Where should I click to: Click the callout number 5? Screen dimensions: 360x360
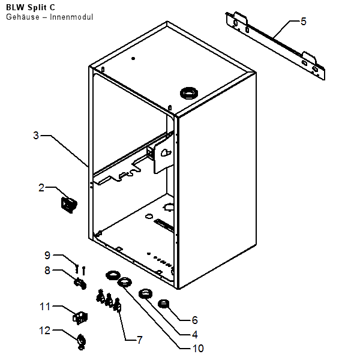coord(303,22)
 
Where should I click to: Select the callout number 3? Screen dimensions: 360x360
coord(36,136)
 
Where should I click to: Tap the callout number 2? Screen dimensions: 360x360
coord(41,188)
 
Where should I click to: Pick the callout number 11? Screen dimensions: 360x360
coord(45,307)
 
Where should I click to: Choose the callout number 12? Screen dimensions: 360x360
coord(45,329)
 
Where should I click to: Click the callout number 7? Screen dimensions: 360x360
coord(139,340)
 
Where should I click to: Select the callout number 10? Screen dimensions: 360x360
coord(198,348)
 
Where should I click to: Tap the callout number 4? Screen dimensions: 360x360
coord(194,334)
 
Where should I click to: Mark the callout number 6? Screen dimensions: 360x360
coord(194,320)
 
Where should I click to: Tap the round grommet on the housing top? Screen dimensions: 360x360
coord(188,93)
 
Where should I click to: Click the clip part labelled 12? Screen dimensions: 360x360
coord(81,342)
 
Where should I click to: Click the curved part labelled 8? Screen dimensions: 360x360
coord(79,282)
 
